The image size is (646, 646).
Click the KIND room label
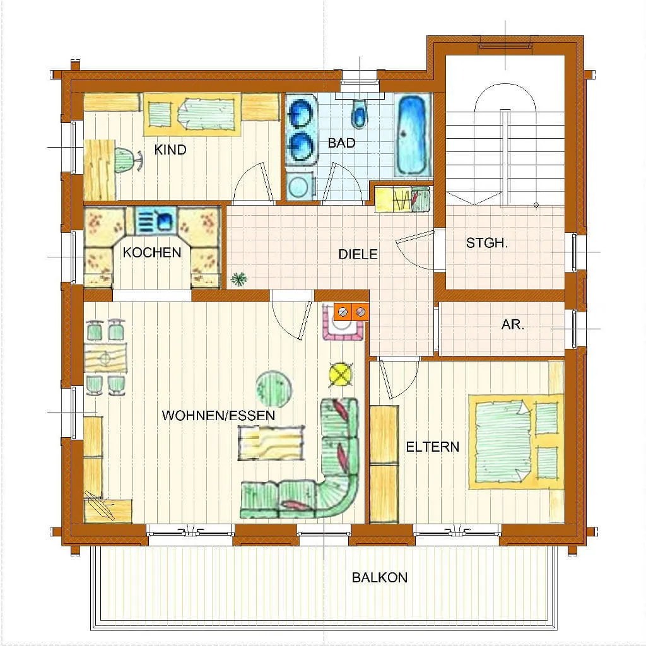coord(170,150)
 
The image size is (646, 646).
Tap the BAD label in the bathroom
coord(341,143)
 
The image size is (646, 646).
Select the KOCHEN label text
coord(152,252)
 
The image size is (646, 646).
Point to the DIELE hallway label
coord(358,254)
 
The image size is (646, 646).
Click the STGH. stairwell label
coord(487,243)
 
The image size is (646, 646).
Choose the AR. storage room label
coord(513,325)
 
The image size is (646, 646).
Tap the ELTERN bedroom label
coord(433,447)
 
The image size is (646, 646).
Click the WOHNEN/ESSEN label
coord(218,415)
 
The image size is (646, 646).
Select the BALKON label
coord(379,577)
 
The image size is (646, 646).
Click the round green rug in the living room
coord(274,389)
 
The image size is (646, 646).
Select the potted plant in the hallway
coord(238,279)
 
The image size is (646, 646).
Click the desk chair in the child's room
coord(127,159)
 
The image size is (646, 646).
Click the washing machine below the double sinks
coord(300,186)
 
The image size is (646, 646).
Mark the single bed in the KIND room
coord(192,114)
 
